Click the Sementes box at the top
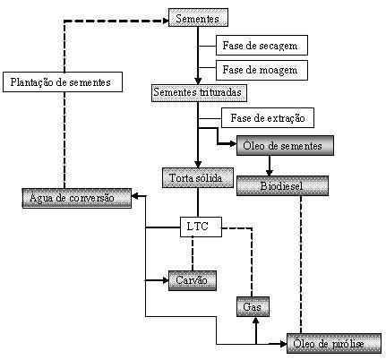[x=198, y=18]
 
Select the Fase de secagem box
[x=262, y=46]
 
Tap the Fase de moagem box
[x=262, y=70]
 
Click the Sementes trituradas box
[x=199, y=93]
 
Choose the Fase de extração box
[x=268, y=117]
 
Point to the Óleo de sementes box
[x=285, y=145]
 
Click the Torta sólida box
[x=198, y=177]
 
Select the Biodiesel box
[x=282, y=185]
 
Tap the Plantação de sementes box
[x=63, y=81]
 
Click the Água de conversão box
[x=77, y=198]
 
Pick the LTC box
[x=201, y=227]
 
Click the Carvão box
[x=193, y=280]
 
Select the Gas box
[x=253, y=306]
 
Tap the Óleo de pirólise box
[x=334, y=344]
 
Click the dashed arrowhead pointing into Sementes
[x=166, y=21]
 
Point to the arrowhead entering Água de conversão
[x=134, y=196]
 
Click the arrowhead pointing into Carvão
[x=166, y=280]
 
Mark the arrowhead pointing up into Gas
[x=255, y=320]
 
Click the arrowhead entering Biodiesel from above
[x=270, y=173]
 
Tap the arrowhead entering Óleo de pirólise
[x=284, y=344]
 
